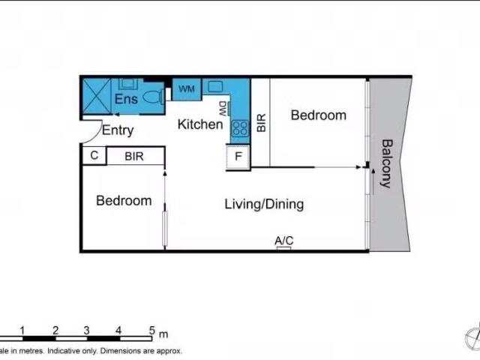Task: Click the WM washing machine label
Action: click(x=187, y=89)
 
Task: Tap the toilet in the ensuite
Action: click(x=154, y=97)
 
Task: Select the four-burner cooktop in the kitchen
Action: click(x=240, y=128)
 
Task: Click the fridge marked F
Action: click(x=238, y=157)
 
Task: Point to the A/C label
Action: click(x=284, y=241)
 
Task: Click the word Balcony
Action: click(x=387, y=163)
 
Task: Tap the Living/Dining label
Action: click(x=264, y=205)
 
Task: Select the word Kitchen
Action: click(x=200, y=124)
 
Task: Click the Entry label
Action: click(x=118, y=130)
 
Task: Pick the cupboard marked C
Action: click(x=94, y=155)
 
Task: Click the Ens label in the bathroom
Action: click(x=126, y=99)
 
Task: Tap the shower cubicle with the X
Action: click(x=97, y=97)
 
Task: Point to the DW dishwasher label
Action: click(x=223, y=109)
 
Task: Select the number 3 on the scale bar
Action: click(x=87, y=331)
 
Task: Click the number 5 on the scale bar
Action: click(x=152, y=331)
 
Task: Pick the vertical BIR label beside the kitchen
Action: click(x=261, y=123)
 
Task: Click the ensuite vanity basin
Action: click(x=127, y=83)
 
